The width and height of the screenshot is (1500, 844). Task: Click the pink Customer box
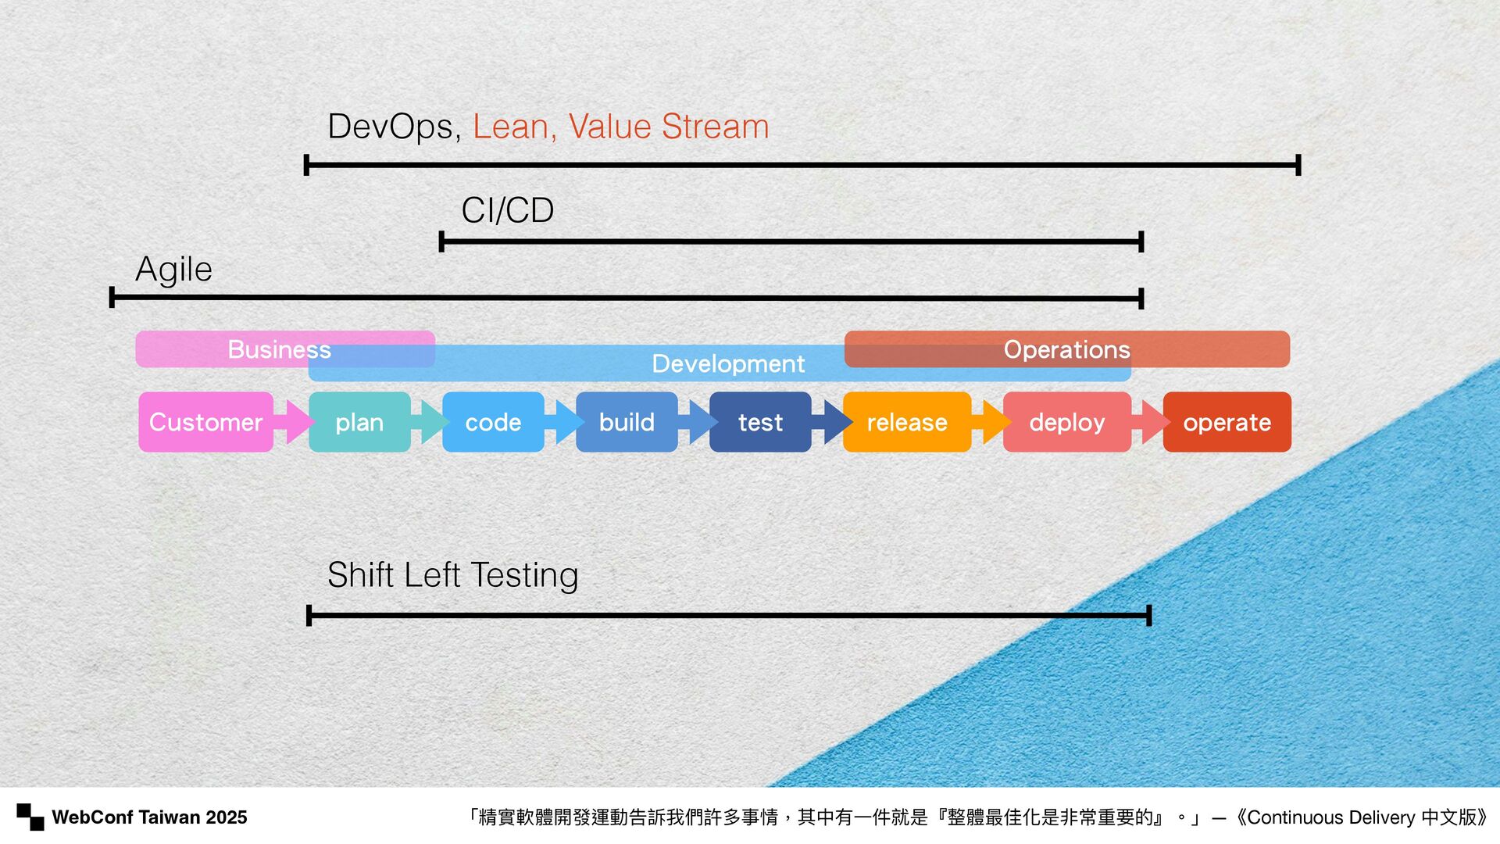tap(205, 422)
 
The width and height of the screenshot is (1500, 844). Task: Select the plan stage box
tap(359, 422)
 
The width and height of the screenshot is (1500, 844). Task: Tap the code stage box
tap(493, 422)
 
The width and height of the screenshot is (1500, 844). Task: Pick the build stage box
tap(627, 422)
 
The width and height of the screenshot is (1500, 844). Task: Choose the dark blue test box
tap(760, 422)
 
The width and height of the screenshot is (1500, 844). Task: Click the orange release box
tap(907, 422)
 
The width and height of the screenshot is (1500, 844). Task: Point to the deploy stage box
tap(1066, 422)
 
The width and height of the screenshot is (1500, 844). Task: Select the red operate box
tap(1227, 422)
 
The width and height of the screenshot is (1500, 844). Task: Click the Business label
tap(279, 349)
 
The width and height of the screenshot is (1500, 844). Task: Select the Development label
tap(728, 363)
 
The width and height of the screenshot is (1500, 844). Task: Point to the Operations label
tap(1066, 349)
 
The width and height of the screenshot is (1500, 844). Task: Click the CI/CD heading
tap(508, 210)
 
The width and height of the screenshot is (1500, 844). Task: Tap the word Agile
tap(173, 270)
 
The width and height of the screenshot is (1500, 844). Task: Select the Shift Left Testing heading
tap(452, 575)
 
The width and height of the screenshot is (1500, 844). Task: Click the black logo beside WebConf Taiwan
tap(30, 817)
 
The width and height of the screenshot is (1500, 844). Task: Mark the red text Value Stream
tap(668, 127)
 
